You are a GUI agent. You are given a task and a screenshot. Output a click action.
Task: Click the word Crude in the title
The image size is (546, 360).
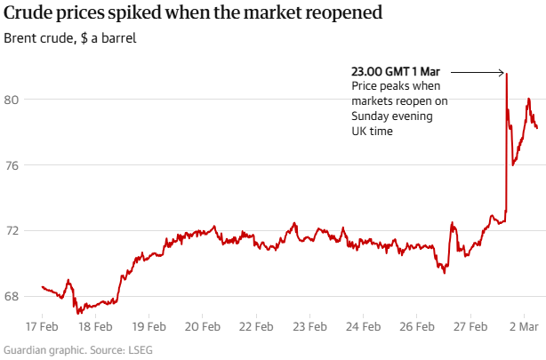point(28,14)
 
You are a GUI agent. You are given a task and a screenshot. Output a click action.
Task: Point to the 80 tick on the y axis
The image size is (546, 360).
point(12,100)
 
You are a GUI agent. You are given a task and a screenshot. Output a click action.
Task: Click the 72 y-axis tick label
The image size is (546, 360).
point(12,231)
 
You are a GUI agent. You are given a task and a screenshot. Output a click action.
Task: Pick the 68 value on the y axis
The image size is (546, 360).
point(12,297)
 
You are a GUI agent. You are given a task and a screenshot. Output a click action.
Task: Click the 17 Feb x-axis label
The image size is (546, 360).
point(42,326)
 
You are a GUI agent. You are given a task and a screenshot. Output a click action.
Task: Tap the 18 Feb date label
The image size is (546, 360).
point(95,326)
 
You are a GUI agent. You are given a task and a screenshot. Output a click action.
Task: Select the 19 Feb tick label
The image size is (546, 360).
point(149,326)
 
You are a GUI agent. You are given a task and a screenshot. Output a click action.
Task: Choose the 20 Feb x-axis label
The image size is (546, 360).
point(202,326)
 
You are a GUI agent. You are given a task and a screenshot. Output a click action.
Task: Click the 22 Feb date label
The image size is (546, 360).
point(255,326)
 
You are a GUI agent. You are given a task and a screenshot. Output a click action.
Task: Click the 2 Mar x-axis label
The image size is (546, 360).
point(524,326)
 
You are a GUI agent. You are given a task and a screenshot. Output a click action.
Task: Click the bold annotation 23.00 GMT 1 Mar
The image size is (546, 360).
point(396,71)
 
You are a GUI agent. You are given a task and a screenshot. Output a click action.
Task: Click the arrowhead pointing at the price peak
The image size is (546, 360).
point(502,72)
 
